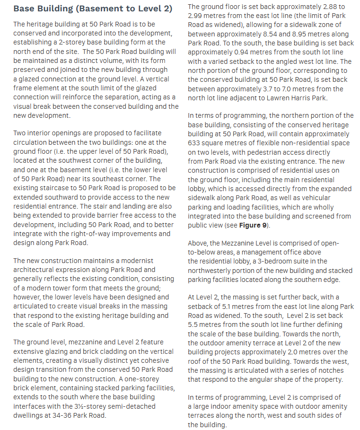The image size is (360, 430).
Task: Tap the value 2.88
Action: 315,7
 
